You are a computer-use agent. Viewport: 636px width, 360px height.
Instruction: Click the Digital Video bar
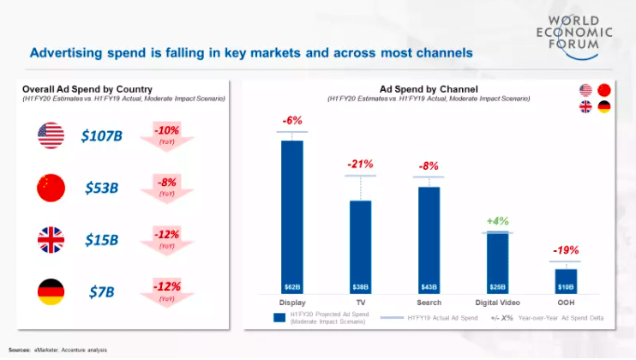497,262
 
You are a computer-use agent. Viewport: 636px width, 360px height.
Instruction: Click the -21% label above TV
361,164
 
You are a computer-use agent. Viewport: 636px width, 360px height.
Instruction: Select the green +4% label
498,221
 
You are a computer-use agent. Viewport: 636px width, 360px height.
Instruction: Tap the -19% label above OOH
566,251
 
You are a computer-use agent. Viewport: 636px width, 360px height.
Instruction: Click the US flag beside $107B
51,135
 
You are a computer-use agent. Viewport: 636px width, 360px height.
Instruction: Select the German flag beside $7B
51,292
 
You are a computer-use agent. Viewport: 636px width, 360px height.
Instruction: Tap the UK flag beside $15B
51,240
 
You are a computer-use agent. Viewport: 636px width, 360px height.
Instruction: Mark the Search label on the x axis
429,303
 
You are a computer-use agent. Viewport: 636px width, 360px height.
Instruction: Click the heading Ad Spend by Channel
429,88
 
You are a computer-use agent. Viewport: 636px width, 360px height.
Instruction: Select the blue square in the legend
279,318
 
